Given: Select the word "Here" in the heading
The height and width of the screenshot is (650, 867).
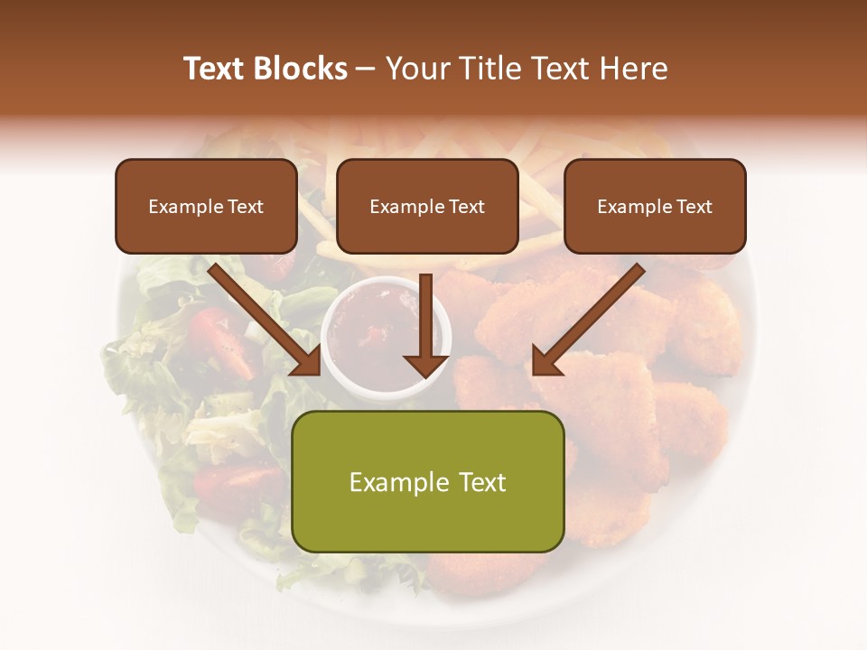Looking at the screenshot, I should (634, 69).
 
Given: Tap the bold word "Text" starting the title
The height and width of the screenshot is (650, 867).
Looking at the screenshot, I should (217, 69).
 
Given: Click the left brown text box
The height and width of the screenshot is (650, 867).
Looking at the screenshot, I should (206, 206).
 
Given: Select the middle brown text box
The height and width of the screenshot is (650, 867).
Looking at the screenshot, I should (427, 206).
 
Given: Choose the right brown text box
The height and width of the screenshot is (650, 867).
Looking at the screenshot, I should (655, 206).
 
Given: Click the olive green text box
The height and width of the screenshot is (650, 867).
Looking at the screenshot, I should (427, 482).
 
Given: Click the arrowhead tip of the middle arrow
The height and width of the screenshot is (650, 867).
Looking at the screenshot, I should (426, 375).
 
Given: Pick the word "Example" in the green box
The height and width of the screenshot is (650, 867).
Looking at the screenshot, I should (390, 482).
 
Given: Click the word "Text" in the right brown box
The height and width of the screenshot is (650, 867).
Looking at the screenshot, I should (694, 207).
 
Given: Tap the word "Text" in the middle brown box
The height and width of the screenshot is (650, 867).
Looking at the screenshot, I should (466, 207).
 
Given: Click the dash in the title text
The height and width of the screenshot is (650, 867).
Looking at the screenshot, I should (366, 69).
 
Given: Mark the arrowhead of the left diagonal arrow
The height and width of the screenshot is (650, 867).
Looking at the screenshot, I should (307, 362).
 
